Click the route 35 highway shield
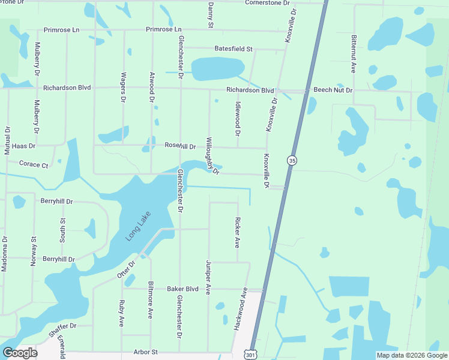click(x=292, y=160)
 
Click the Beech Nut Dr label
click(x=333, y=90)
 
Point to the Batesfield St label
click(x=234, y=49)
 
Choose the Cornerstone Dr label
click(x=271, y=2)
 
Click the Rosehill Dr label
click(x=180, y=146)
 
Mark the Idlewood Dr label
click(x=238, y=113)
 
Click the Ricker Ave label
click(x=238, y=233)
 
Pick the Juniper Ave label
click(x=208, y=277)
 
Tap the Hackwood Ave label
click(x=240, y=309)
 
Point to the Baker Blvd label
click(x=182, y=289)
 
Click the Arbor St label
click(x=145, y=352)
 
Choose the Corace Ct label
click(x=34, y=164)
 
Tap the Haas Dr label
click(x=23, y=146)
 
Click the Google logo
click(x=20, y=353)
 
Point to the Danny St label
click(x=211, y=14)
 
